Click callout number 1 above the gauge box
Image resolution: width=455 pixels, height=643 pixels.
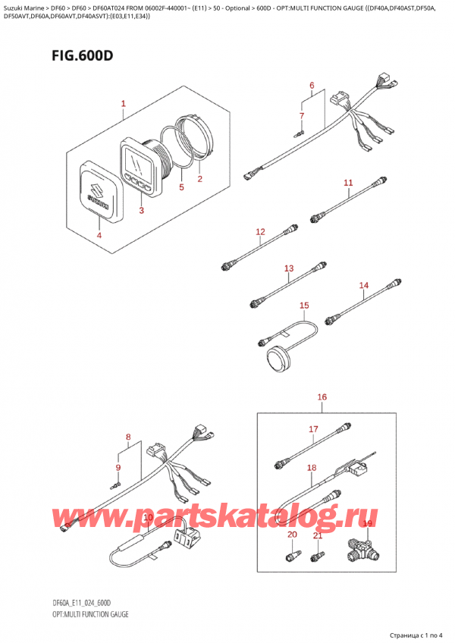pos(124,104)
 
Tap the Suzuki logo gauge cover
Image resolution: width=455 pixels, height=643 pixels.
pos(99,192)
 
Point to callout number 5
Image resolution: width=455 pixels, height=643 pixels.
pos(181,187)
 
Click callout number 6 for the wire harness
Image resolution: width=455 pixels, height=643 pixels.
pos(312,85)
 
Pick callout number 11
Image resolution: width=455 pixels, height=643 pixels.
pos(348,183)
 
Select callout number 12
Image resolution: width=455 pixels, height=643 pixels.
pos(261,232)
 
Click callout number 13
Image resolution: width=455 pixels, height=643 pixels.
pos(289,268)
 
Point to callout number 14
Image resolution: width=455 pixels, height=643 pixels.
pos(364,285)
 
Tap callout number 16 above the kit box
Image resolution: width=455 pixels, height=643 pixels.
pos(322,397)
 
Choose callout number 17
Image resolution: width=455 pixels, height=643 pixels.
pos(313,429)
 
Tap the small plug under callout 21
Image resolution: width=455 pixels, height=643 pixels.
pos(318,555)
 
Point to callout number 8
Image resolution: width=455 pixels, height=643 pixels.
pos(128,437)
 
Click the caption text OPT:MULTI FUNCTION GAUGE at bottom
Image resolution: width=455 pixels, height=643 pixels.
pos(91,614)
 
